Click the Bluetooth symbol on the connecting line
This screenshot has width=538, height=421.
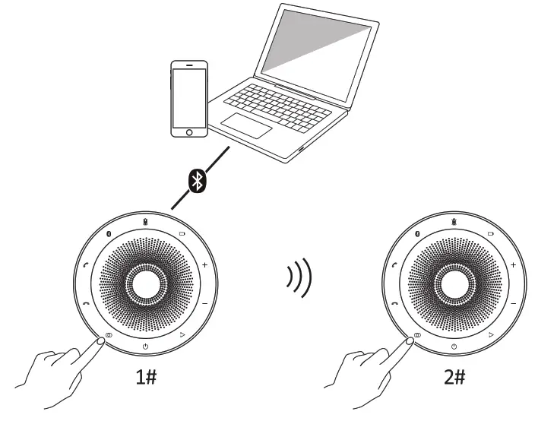tap(197, 180)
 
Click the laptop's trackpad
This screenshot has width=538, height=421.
tap(245, 125)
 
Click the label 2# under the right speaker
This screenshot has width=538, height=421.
tap(454, 378)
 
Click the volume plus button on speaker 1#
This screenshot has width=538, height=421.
tap(204, 265)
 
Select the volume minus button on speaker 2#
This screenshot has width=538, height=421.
tap(514, 302)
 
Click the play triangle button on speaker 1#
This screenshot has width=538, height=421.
tap(182, 334)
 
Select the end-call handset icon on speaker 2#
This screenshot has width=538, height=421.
tap(394, 302)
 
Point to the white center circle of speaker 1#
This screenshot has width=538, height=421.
tap(144, 284)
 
